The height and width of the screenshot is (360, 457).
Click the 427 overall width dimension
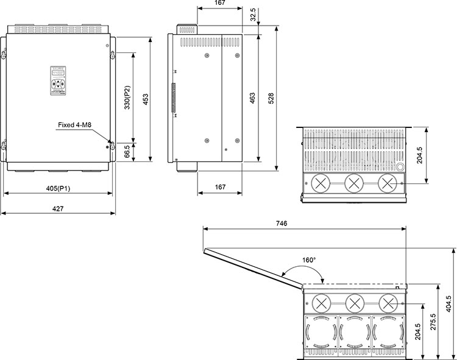pos(57,209)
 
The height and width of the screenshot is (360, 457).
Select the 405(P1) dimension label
pos(58,188)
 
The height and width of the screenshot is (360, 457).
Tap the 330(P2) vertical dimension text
pos(127,98)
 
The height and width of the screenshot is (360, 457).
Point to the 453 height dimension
pos(145,99)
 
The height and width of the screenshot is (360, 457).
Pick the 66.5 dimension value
pos(127,152)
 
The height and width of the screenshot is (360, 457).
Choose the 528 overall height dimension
pos(271,99)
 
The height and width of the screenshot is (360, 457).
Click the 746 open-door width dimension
pos(281,224)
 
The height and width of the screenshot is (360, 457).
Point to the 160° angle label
pos(309,260)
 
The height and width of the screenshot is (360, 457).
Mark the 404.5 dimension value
pos(449,303)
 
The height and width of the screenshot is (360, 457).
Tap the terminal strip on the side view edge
pos(174,98)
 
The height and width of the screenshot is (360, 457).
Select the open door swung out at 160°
pos(253,266)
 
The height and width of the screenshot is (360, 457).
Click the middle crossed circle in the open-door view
pos(354,302)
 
